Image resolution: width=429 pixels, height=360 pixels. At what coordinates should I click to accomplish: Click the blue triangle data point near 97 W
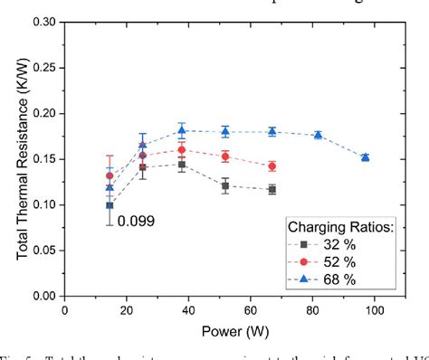[365, 157]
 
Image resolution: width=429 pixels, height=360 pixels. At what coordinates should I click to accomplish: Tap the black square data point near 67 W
[272, 189]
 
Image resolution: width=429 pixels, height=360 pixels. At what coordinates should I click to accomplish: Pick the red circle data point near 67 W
[272, 166]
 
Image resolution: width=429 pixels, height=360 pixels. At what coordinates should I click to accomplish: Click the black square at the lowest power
[110, 205]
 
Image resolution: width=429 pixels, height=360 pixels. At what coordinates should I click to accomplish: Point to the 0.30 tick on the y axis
[41, 21]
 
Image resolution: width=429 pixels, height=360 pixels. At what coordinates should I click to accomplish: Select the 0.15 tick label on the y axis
[41, 158]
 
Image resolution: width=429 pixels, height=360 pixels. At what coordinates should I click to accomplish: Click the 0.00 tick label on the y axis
[41, 296]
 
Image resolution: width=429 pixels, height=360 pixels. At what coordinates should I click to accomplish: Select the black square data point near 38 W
[181, 165]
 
